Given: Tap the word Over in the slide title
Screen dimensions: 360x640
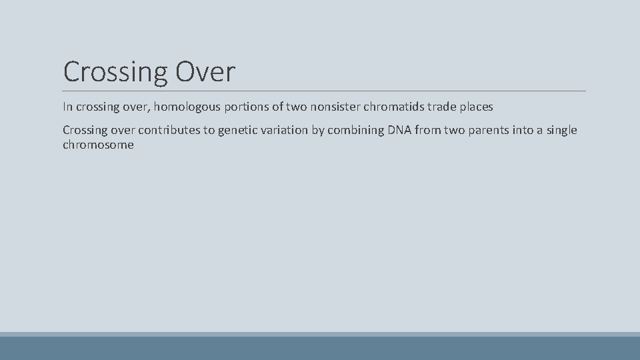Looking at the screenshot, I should coord(205,72).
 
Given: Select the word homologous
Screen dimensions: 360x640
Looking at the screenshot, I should coord(184,107).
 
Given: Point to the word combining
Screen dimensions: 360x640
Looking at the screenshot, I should coord(355,130).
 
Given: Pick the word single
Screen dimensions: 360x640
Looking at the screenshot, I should coord(561,130).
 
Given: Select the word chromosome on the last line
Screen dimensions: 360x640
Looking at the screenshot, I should coord(98,145).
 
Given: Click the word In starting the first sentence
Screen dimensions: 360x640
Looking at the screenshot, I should coord(67,107).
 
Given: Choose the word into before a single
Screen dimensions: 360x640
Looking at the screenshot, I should coord(523,130).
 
